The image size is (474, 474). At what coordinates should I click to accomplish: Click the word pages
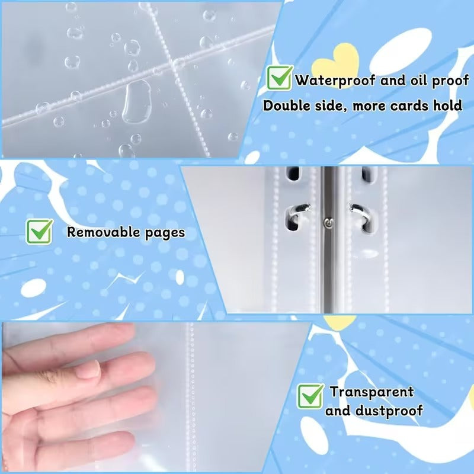[x=165, y=233]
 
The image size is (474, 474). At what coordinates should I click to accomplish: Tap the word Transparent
[x=372, y=392]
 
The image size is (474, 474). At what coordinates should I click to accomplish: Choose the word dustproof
[x=389, y=411]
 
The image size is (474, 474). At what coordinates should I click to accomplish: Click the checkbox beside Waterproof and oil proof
[x=280, y=78]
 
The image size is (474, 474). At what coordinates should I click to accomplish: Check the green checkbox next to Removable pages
[x=40, y=232]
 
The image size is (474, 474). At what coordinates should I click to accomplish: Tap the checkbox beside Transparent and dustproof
[x=310, y=396]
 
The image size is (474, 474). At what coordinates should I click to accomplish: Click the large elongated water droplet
[x=137, y=102]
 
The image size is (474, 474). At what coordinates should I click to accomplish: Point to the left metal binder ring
[x=297, y=213]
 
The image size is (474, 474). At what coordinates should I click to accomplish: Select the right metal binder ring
[x=361, y=214]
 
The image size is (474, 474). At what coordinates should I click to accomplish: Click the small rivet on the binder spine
[x=328, y=223]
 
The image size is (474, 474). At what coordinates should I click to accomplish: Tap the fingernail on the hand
[x=88, y=370]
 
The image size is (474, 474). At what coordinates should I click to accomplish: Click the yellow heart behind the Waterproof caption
[x=335, y=63]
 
